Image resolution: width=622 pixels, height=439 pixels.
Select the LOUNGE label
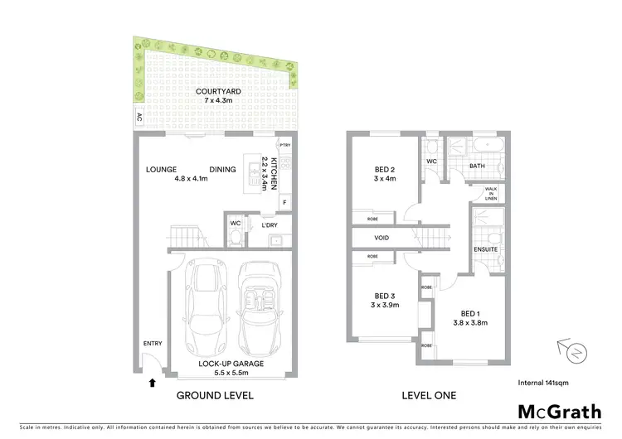[x=163, y=169]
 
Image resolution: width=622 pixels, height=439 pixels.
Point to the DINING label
[x=222, y=169]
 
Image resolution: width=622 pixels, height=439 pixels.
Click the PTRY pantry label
[x=284, y=145]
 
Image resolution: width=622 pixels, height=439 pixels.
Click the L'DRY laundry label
[x=269, y=225]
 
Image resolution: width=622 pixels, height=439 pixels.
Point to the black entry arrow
[x=151, y=383]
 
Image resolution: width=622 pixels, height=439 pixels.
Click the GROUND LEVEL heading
[x=215, y=395]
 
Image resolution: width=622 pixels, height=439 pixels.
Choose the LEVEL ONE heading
[x=429, y=395]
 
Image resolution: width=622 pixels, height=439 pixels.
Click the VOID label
[x=381, y=238]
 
